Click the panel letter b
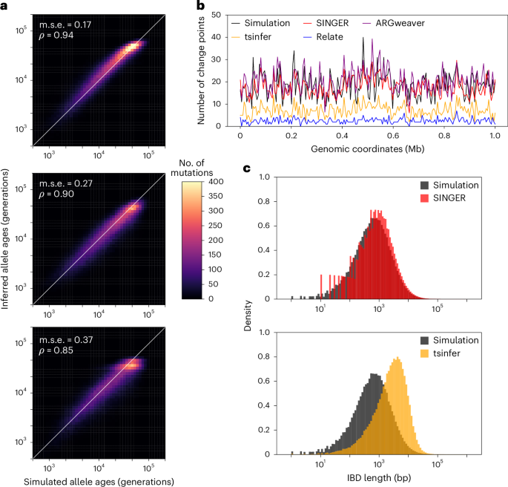point(200,5)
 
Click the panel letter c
point(248,168)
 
